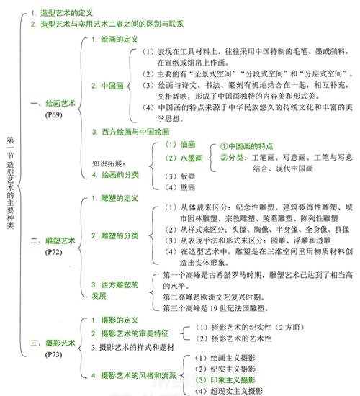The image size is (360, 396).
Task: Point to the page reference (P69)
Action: [x=53, y=114]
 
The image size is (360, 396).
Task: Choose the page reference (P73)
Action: [x=53, y=354]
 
